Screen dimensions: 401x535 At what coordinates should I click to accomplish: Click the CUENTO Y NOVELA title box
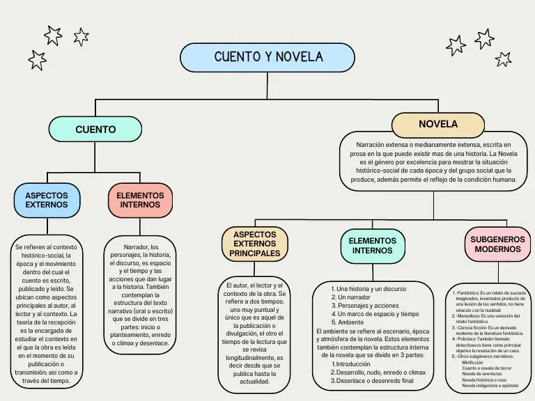click(x=267, y=57)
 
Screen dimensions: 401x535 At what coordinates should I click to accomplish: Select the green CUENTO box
click(x=95, y=129)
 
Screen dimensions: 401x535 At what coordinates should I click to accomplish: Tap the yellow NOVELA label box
click(x=437, y=125)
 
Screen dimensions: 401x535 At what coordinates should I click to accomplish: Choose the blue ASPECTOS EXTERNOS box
click(x=47, y=200)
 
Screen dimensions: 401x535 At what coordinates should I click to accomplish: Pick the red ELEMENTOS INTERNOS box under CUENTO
click(x=140, y=200)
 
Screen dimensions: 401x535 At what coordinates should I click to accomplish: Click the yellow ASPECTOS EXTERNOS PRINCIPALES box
click(x=254, y=244)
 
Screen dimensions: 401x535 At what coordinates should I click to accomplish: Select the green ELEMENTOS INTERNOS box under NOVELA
click(x=372, y=246)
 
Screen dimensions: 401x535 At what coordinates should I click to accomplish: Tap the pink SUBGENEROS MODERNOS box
click(x=497, y=244)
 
